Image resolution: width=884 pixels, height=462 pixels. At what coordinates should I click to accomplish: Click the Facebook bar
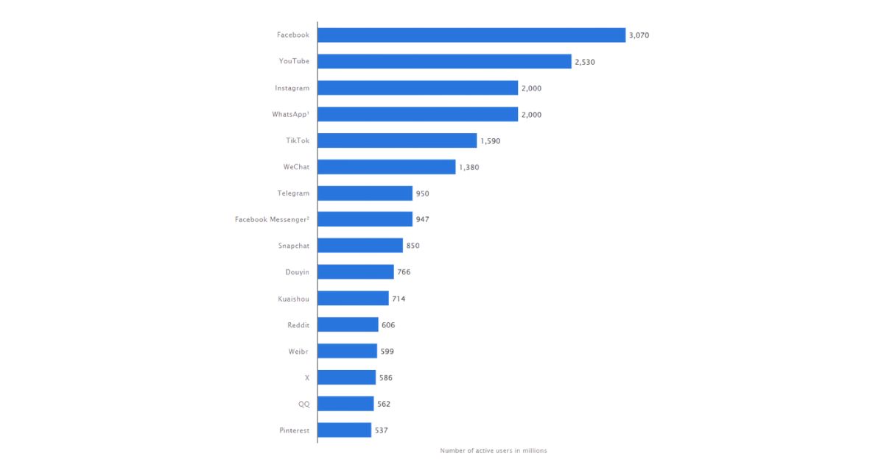point(471,35)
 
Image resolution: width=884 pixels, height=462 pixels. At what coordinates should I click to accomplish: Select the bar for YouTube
point(444,62)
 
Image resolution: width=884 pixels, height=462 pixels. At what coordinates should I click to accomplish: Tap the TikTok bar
point(397,141)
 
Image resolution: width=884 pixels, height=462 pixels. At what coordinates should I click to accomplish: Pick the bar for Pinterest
point(345,430)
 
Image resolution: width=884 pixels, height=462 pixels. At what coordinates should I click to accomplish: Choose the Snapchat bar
point(360,245)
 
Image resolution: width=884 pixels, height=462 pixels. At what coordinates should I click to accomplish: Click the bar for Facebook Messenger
point(365,219)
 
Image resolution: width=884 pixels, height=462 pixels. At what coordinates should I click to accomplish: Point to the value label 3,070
point(639,35)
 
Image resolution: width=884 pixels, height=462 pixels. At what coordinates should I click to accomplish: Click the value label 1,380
point(469,167)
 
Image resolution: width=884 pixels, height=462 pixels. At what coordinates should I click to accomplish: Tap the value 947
point(422,219)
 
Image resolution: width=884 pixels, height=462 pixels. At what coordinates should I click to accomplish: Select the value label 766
point(404,272)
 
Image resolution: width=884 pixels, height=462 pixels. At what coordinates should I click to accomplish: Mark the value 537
point(382,430)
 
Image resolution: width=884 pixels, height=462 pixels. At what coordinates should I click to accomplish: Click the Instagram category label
point(292,88)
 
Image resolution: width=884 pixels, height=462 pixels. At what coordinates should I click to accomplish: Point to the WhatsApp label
point(290,114)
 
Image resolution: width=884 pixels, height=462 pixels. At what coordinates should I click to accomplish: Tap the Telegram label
point(293,193)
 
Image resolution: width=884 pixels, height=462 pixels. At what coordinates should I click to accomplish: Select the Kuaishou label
point(294,299)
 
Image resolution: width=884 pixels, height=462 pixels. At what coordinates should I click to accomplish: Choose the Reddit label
point(298,325)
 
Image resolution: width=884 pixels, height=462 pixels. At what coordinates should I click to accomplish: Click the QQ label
point(304,404)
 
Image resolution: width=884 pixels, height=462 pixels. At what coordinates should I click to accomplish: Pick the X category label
point(307,377)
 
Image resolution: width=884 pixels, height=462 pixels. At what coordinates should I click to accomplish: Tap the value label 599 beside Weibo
point(387,351)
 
